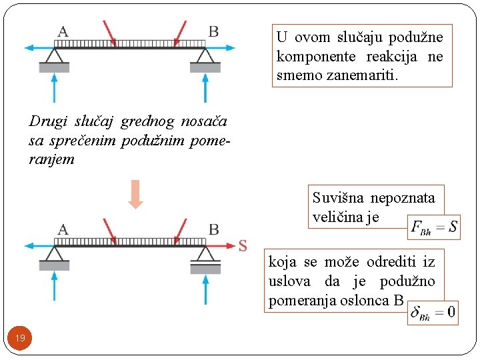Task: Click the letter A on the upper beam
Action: pyautogui.click(x=63, y=31)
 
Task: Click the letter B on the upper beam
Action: pyautogui.click(x=213, y=31)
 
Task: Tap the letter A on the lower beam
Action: pyautogui.click(x=63, y=229)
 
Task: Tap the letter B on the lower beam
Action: pyautogui.click(x=213, y=229)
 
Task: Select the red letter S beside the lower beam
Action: pyautogui.click(x=243, y=245)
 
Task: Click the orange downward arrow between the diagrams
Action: pyautogui.click(x=136, y=194)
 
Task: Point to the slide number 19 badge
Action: pyautogui.click(x=20, y=338)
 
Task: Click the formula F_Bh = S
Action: pyautogui.click(x=434, y=227)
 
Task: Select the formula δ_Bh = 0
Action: pyautogui.click(x=433, y=312)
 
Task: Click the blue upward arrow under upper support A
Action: pyautogui.click(x=54, y=87)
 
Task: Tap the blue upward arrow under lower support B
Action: pyautogui.click(x=204, y=287)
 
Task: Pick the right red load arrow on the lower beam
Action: pyautogui.click(x=179, y=231)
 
